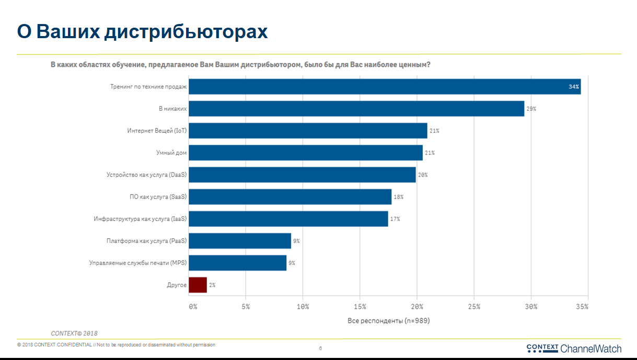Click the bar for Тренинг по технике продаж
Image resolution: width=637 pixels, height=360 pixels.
tap(385, 87)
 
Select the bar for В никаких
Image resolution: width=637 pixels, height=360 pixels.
tap(356, 109)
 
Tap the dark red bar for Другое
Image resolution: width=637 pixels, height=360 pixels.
tap(198, 285)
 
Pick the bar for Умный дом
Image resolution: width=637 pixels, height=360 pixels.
tap(306, 153)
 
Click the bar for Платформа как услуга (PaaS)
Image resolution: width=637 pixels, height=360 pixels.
tap(240, 241)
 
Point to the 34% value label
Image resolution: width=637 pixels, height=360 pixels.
tap(574, 87)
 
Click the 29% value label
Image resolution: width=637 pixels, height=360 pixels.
tap(531, 109)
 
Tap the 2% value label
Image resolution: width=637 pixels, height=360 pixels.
tap(212, 285)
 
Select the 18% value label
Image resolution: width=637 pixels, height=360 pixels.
tap(398, 197)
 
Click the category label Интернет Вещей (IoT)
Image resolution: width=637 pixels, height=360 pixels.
tap(156, 131)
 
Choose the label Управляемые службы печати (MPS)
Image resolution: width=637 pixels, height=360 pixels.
tap(138, 263)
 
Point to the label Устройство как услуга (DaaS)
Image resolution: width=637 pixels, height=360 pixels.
tap(146, 175)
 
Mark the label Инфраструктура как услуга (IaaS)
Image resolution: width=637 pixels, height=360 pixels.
tap(140, 219)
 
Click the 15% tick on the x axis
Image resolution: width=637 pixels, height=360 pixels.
tap(360, 307)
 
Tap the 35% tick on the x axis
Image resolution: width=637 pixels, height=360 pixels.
tap(582, 307)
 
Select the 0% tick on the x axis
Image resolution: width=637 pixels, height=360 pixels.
tap(193, 307)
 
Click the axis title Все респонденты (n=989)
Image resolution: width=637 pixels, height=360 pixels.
tap(388, 320)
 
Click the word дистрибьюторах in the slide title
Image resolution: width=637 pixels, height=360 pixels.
tap(186, 31)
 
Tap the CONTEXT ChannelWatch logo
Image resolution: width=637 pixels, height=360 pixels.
tap(573, 349)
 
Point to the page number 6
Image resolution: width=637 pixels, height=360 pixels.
tap(320, 347)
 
